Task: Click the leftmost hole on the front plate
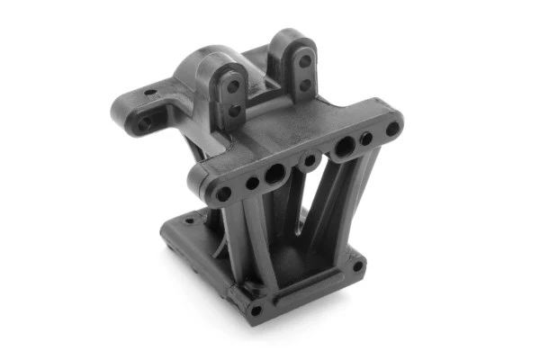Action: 221,193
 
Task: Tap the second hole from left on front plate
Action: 253,183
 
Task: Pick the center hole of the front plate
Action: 310,160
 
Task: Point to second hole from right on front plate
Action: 366,139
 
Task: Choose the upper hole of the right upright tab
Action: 305,61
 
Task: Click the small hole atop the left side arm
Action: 148,92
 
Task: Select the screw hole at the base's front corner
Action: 256,310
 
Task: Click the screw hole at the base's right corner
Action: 358,265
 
